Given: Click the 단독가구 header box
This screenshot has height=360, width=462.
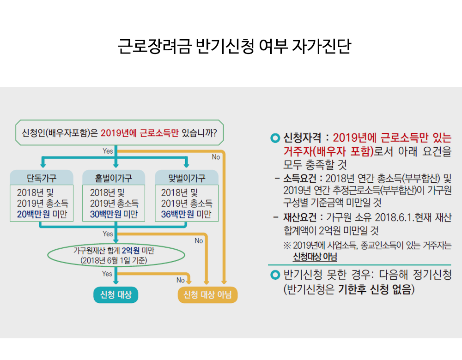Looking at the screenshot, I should pos(42,178).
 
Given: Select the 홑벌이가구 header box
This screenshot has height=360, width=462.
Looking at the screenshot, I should pos(114,178).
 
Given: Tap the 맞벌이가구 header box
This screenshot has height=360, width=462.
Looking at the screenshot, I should pos(186,178).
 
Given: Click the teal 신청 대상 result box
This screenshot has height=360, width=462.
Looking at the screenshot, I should pos(115,295).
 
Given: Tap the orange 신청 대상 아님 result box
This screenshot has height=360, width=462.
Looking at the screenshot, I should pos(207,295).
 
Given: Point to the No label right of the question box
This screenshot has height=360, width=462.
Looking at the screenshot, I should pos(216,157).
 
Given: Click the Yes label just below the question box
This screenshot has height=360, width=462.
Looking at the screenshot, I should pos(108,150).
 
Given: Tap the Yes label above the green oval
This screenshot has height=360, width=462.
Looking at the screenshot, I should pos(108,234).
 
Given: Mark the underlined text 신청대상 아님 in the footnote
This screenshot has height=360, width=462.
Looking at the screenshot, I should pos(315,257).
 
